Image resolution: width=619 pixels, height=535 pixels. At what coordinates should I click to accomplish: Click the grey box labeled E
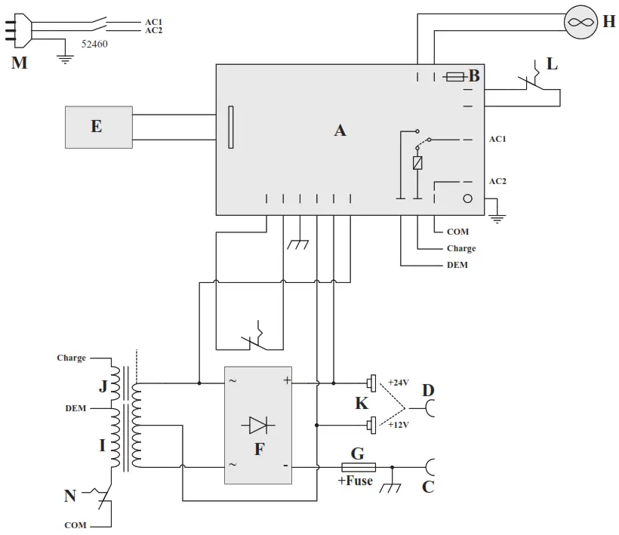(99, 127)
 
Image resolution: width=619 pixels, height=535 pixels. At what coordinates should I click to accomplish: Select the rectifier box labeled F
(258, 426)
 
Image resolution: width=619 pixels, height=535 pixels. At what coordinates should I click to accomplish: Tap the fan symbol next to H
(581, 22)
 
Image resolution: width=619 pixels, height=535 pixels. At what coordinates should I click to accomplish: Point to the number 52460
(94, 45)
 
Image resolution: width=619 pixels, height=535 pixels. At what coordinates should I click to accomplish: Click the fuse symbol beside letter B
(455, 76)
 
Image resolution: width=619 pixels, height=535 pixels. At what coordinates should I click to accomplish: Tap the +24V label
(398, 382)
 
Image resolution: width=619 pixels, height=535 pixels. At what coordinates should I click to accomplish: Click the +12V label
(398, 425)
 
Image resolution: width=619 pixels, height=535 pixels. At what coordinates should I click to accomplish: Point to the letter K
(362, 404)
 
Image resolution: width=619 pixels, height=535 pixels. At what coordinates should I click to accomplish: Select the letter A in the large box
(340, 131)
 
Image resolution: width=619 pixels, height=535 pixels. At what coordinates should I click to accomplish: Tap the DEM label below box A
(457, 266)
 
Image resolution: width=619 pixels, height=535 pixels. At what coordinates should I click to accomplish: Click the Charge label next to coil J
(71, 358)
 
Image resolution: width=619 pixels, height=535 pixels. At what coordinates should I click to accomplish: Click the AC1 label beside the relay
(497, 140)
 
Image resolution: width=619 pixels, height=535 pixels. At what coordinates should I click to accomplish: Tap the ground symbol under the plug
(66, 58)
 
